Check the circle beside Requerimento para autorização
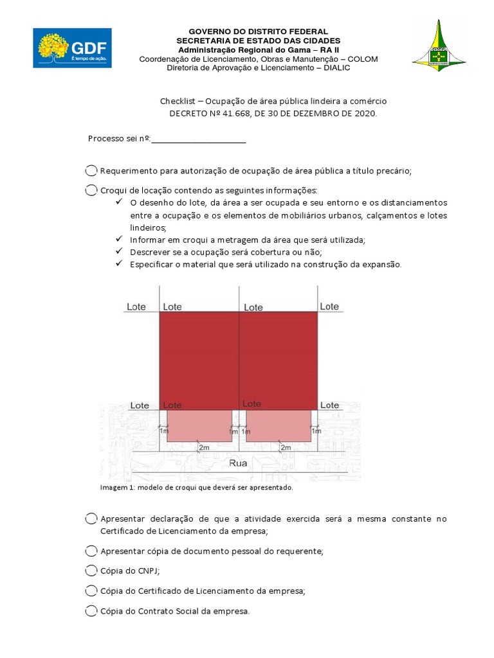tap(91, 171)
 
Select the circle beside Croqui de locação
tap(91, 191)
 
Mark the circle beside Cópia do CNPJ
tap(91, 571)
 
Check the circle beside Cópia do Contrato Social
tap(91, 611)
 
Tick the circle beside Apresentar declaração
tap(91, 519)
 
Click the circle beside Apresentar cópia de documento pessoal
tap(91, 551)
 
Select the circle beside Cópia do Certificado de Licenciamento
tap(91, 591)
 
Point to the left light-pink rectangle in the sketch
tap(199, 425)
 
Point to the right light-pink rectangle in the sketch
tap(278, 425)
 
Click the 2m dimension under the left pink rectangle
tap(205, 447)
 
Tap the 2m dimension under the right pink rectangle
tap(285, 447)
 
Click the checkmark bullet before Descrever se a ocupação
tap(119, 251)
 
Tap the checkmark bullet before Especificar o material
tap(119, 263)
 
